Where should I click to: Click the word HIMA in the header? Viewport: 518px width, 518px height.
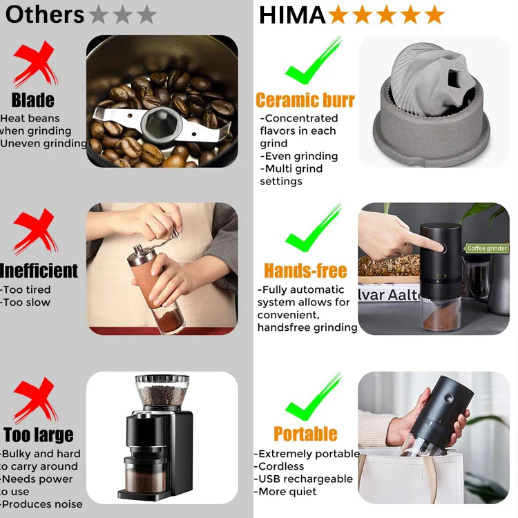click(291, 15)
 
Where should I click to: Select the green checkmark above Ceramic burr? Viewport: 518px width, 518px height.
click(313, 63)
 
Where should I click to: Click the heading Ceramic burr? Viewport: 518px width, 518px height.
click(305, 100)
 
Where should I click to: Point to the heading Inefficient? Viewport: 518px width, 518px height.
click(39, 270)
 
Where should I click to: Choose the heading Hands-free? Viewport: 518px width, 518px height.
click(305, 270)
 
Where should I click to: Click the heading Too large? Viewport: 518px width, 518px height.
click(38, 435)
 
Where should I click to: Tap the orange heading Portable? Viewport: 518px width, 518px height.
click(305, 434)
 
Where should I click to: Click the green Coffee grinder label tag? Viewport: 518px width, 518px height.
click(487, 248)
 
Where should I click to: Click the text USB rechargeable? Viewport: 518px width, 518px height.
click(305, 479)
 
